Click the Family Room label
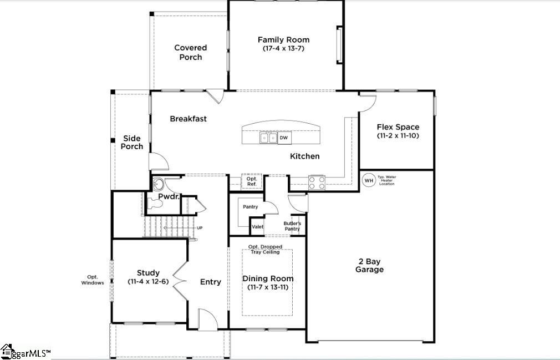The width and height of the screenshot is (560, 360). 283,40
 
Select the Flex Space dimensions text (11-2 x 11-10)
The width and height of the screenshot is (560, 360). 398,135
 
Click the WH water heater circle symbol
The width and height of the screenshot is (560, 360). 368,180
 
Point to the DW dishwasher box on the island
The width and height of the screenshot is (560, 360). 283,138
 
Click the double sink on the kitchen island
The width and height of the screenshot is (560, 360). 269,138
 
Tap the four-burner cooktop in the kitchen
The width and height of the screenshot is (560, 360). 317,182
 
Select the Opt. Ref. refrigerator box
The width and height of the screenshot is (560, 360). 251,181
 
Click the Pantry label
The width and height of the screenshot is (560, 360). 250,206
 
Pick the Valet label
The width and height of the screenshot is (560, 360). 258,226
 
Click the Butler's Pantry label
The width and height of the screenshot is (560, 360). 292,226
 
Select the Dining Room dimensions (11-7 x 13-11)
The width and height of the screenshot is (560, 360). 268,287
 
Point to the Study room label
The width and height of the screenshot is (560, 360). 148,273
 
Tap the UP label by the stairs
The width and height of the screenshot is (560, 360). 200,228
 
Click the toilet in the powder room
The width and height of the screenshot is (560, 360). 157,204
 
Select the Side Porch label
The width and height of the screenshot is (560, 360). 132,143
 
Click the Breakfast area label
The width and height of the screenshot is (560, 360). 188,119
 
